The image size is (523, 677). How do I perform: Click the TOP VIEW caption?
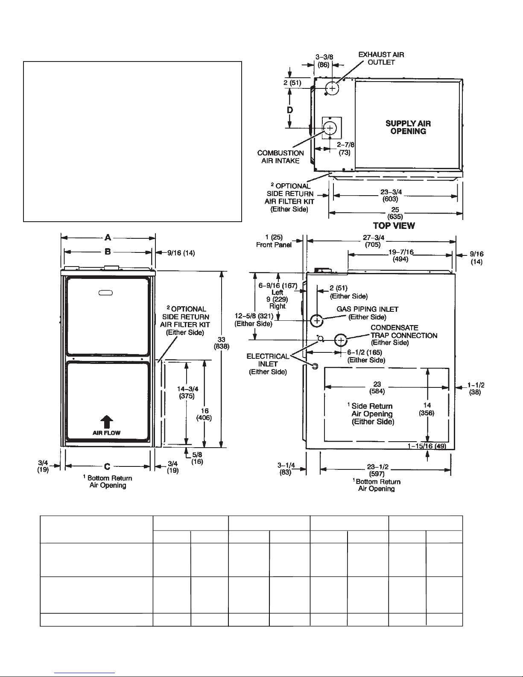click(x=394, y=226)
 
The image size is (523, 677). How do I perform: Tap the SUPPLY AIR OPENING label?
click(x=408, y=127)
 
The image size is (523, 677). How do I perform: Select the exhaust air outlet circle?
click(x=332, y=88)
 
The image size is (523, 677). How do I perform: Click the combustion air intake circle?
click(x=330, y=128)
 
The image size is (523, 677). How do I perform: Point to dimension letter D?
click(x=290, y=110)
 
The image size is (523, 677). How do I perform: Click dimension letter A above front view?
click(x=108, y=238)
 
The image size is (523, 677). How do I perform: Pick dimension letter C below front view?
click(x=107, y=466)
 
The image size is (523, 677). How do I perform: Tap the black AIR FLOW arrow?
click(x=106, y=422)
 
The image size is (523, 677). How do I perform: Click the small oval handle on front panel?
click(x=105, y=293)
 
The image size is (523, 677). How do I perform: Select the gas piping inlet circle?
click(x=317, y=321)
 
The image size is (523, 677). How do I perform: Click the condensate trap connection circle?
click(x=341, y=340)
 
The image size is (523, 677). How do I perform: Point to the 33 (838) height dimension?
click(x=221, y=343)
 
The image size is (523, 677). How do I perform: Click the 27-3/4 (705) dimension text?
click(x=373, y=241)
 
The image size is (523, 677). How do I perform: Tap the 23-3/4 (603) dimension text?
click(x=391, y=195)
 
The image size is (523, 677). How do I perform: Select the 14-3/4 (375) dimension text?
click(x=187, y=392)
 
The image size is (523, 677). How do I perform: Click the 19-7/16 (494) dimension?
click(x=400, y=255)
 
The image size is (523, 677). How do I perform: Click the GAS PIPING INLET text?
click(x=367, y=309)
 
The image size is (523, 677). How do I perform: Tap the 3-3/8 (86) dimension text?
click(x=324, y=61)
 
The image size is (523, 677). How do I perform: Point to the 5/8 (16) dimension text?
click(x=197, y=458)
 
